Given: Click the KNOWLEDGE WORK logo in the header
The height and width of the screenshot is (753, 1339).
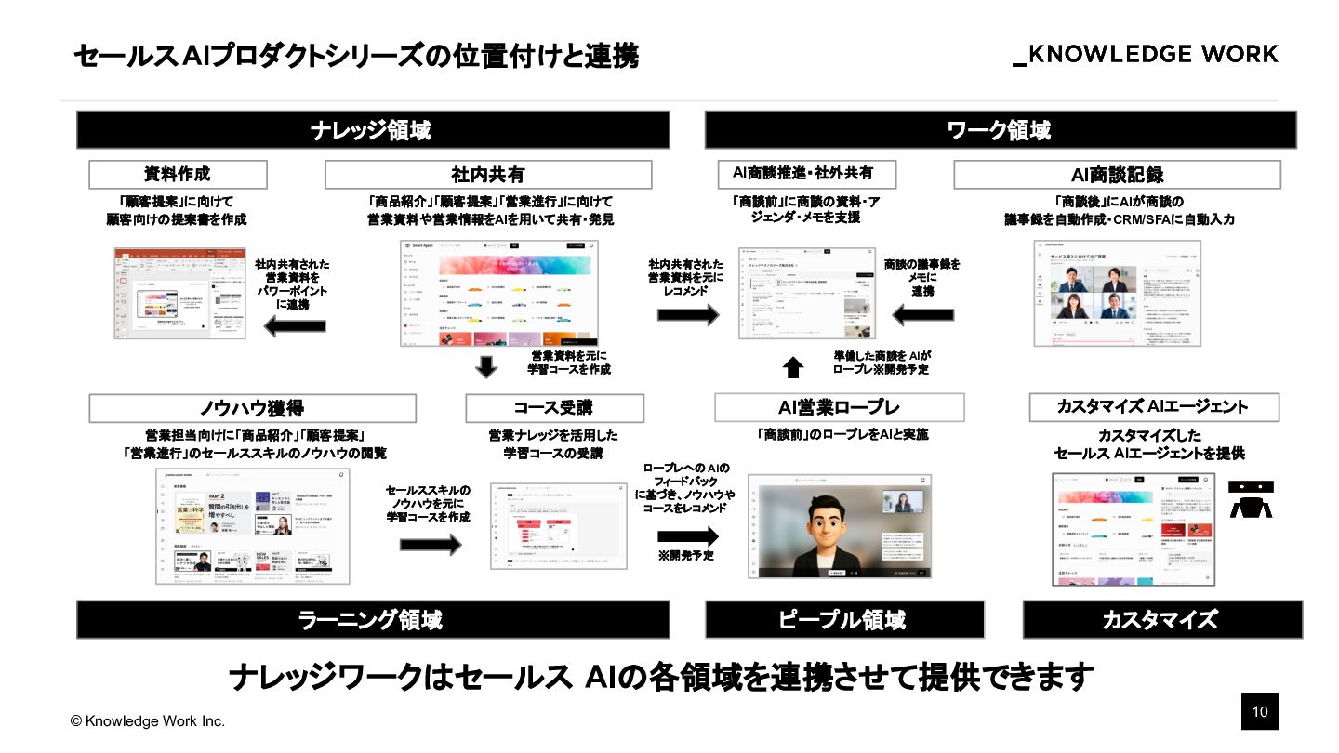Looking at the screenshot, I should tap(1146, 54).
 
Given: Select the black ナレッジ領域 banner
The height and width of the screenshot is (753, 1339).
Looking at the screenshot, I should tap(372, 130).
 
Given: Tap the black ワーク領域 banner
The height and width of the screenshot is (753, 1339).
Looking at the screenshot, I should tap(1000, 130).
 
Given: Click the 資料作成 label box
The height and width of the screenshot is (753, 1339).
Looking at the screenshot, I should tap(178, 175).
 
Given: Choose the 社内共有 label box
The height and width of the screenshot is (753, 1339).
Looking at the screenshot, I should tap(488, 175).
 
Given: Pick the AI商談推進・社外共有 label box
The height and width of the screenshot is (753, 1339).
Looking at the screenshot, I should tap(807, 174).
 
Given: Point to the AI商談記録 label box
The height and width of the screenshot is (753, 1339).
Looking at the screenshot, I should tap(1117, 175).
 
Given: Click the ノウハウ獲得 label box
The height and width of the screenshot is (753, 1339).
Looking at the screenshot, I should tap(252, 408).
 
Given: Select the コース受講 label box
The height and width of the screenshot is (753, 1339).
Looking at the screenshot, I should tap(554, 408).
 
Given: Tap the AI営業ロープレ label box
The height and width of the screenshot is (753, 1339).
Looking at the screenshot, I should tap(839, 407).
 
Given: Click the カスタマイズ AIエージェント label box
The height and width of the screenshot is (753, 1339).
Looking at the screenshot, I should tap(1153, 407).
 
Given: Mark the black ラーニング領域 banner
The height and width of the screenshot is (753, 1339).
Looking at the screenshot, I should tap(372, 619).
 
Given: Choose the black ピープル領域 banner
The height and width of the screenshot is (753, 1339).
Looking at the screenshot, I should tap(843, 619).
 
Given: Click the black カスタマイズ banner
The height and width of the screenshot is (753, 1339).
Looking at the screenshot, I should tap(1161, 619).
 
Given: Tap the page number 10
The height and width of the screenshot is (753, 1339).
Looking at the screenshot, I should tap(1260, 712).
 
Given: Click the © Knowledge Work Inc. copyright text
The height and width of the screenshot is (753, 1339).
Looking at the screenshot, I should tap(148, 721).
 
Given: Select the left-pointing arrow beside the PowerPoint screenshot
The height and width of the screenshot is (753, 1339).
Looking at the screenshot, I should tap(295, 325).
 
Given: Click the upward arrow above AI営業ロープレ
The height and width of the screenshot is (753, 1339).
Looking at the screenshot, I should tap(792, 368).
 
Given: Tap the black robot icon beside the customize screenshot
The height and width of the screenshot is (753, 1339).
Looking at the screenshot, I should tap(1251, 498).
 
